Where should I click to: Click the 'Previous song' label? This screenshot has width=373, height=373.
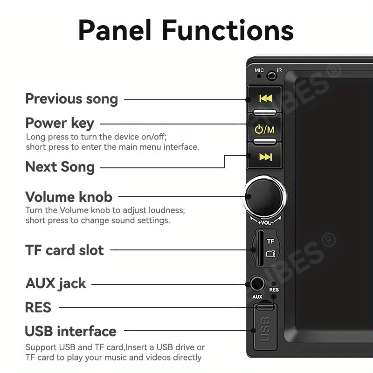point(71,99)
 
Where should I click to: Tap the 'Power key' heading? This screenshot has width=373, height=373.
point(60,124)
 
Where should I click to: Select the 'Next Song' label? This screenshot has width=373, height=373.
point(60,167)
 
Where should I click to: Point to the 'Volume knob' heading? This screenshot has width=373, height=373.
point(69,197)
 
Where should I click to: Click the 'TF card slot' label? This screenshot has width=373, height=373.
point(64,250)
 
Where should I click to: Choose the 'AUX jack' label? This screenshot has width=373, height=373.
point(55,283)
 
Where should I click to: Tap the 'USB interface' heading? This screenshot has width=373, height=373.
point(70,332)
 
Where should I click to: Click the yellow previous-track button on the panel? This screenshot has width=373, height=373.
point(265,98)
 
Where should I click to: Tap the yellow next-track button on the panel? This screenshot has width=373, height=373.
point(265,157)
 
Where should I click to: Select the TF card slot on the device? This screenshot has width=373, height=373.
point(254,248)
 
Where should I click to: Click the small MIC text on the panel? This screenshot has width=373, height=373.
point(259,70)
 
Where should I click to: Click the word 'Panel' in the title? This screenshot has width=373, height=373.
point(116,31)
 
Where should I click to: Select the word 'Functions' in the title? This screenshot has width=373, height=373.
point(228,31)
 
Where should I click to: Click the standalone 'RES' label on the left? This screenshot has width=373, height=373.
point(38,308)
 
